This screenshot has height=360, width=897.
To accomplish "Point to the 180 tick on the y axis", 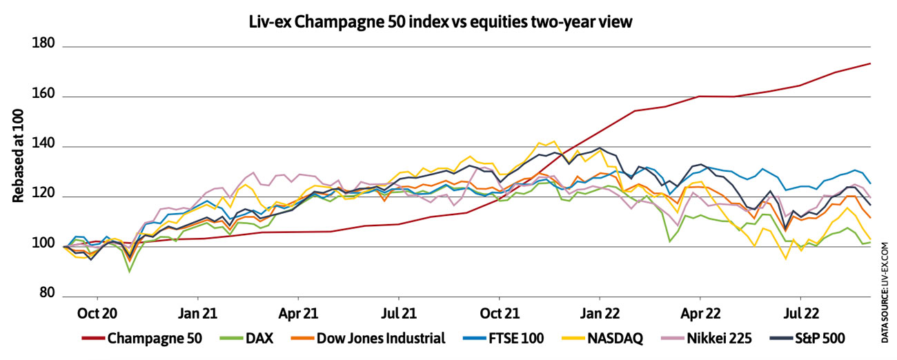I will click(x=43, y=46).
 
